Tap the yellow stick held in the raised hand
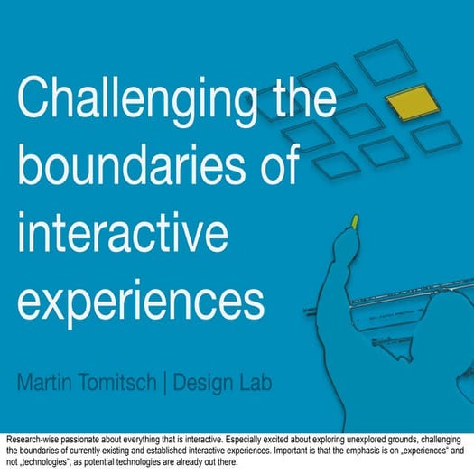point(356,220)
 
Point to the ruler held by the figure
point(397,307)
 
